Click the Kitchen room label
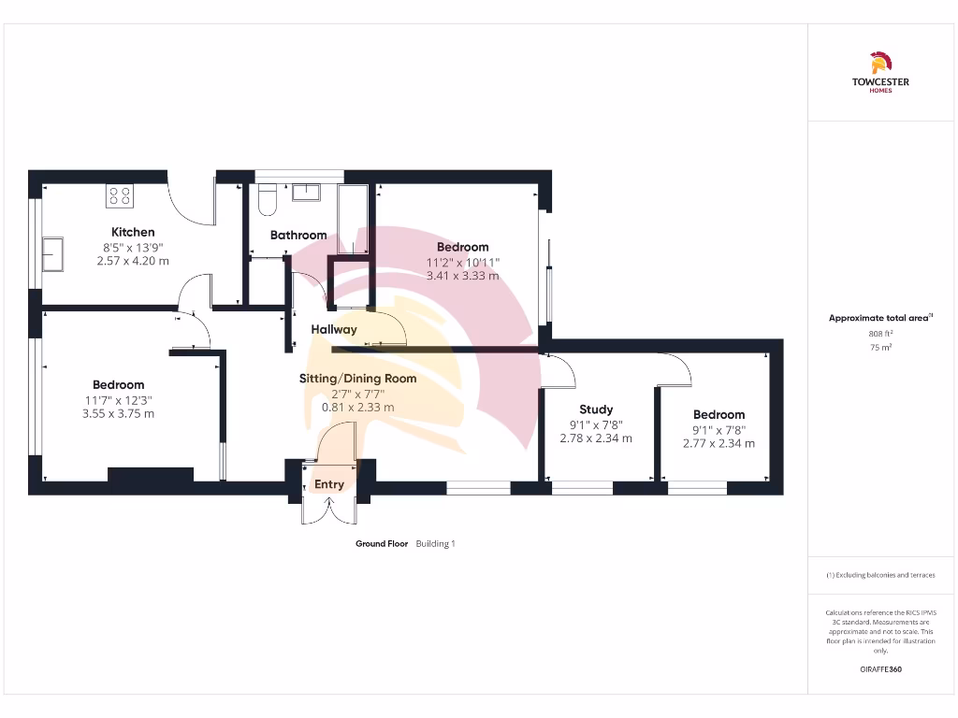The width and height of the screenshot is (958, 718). (133, 232)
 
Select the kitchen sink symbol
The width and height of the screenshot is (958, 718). (52, 253)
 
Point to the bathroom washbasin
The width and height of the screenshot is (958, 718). (306, 193)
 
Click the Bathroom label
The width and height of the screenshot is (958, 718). (298, 235)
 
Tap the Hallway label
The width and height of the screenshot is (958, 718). (334, 329)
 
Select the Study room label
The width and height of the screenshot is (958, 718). (596, 409)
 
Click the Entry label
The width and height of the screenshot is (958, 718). (329, 484)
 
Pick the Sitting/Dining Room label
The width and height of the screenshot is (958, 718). (357, 379)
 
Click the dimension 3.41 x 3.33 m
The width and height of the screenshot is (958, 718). (462, 276)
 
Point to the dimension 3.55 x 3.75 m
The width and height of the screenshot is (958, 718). (118, 413)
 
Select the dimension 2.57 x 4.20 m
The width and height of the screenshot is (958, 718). (133, 261)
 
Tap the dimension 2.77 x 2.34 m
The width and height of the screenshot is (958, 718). (718, 443)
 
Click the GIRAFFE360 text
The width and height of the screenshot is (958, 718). (880, 669)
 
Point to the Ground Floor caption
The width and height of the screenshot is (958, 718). (382, 543)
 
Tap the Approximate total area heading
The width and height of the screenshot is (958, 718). (879, 318)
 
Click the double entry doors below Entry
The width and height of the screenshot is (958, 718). (329, 510)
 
